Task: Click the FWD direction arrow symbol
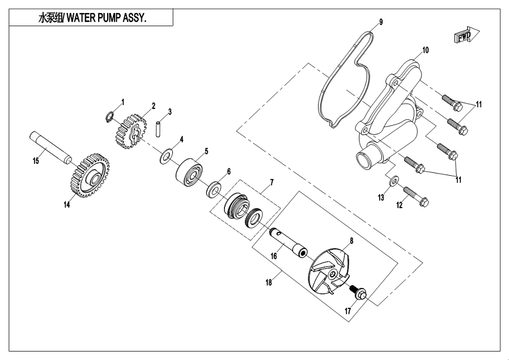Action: [x=466, y=36]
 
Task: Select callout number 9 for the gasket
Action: [x=381, y=22]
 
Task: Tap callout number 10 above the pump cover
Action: [x=425, y=50]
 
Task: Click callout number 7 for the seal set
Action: [x=272, y=183]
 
